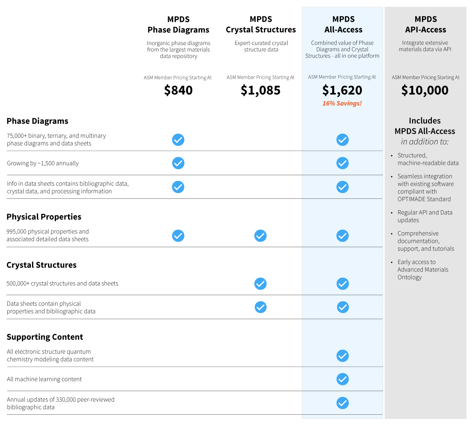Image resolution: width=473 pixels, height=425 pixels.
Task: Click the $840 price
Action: coord(178,90)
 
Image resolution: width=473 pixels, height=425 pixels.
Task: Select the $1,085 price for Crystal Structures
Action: coord(260,90)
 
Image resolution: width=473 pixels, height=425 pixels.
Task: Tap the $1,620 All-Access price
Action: coord(342,90)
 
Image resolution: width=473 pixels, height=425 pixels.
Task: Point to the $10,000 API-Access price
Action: coord(425,90)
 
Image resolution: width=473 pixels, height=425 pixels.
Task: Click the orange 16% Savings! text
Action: coord(342,103)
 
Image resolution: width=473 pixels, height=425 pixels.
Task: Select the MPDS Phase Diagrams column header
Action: coord(178,24)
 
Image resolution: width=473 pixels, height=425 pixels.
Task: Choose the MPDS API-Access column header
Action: coord(425,24)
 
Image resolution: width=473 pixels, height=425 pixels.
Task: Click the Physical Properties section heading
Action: coord(44,217)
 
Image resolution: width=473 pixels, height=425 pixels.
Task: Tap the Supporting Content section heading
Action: coord(45,337)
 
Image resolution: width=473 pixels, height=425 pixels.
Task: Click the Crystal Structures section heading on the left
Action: coord(42,265)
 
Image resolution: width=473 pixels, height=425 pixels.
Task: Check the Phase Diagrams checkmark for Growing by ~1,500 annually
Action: coord(178,163)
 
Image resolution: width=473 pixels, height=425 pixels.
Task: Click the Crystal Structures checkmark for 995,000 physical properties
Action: coord(260,236)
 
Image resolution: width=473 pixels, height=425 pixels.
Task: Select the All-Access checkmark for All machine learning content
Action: coord(342,379)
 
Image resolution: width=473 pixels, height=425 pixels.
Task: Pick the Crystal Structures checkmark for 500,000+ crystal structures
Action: coord(260,284)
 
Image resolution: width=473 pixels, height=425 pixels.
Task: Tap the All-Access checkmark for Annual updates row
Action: coord(342,403)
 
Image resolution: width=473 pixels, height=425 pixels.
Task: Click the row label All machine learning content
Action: coord(44,379)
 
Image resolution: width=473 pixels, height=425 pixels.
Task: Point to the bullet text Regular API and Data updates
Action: coord(425,216)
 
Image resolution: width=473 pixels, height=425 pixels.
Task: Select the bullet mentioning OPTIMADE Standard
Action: coord(425,188)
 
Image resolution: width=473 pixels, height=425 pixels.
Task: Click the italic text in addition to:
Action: coord(425,142)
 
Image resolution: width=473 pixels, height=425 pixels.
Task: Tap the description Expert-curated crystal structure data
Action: coord(261,46)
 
